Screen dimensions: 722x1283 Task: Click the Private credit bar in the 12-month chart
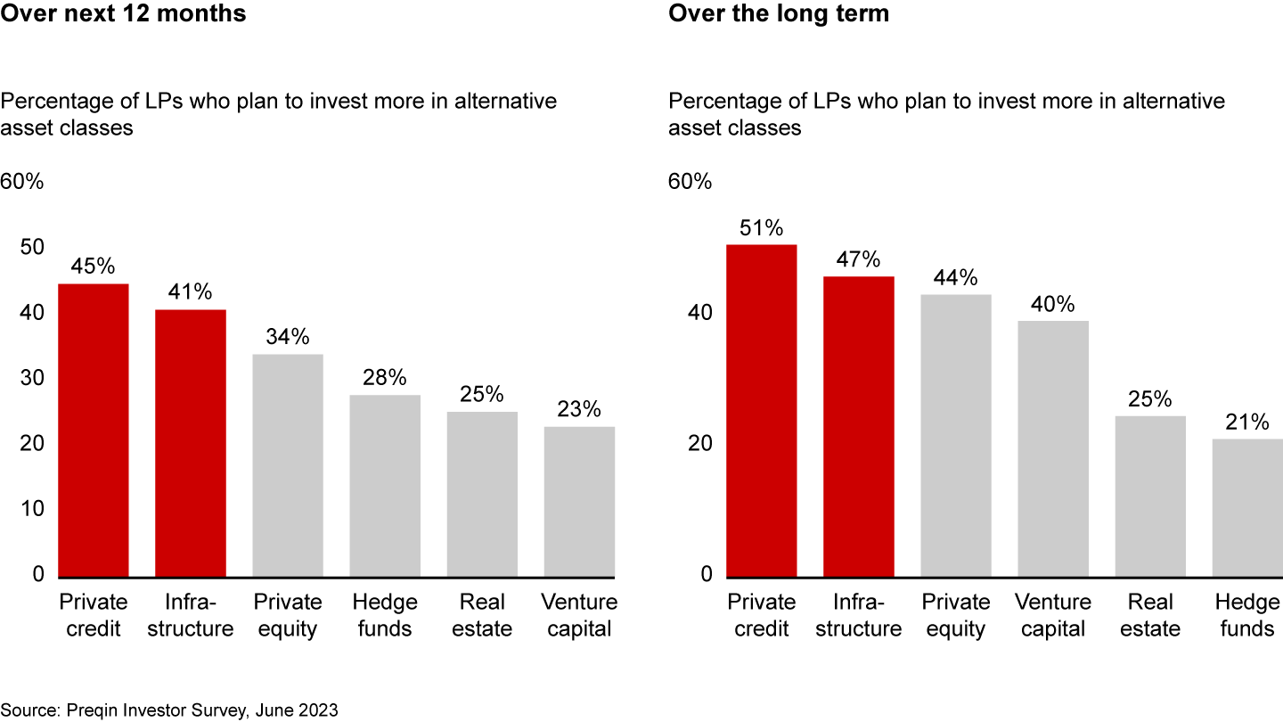94,430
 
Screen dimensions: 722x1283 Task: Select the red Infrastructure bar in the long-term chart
858,426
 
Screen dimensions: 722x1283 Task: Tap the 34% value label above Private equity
288,337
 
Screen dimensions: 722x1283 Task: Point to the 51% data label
761,227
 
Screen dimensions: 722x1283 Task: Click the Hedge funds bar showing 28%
385,486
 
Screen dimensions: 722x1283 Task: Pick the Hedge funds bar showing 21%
1246,507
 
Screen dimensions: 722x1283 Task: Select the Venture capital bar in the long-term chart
1053,448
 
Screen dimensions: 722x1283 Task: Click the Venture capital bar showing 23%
579,501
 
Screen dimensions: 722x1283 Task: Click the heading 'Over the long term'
779,15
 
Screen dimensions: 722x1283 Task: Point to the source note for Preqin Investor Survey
169,710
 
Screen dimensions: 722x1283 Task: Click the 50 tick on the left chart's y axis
31,247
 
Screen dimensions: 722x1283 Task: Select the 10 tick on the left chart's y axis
31,509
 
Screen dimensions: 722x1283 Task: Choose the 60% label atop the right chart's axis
691,182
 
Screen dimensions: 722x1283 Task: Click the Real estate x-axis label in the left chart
482,615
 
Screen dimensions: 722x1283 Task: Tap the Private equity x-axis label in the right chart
956,615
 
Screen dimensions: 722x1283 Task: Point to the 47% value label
858,259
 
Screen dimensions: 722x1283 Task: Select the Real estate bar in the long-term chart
1150,496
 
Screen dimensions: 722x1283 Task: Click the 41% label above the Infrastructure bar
191,291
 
